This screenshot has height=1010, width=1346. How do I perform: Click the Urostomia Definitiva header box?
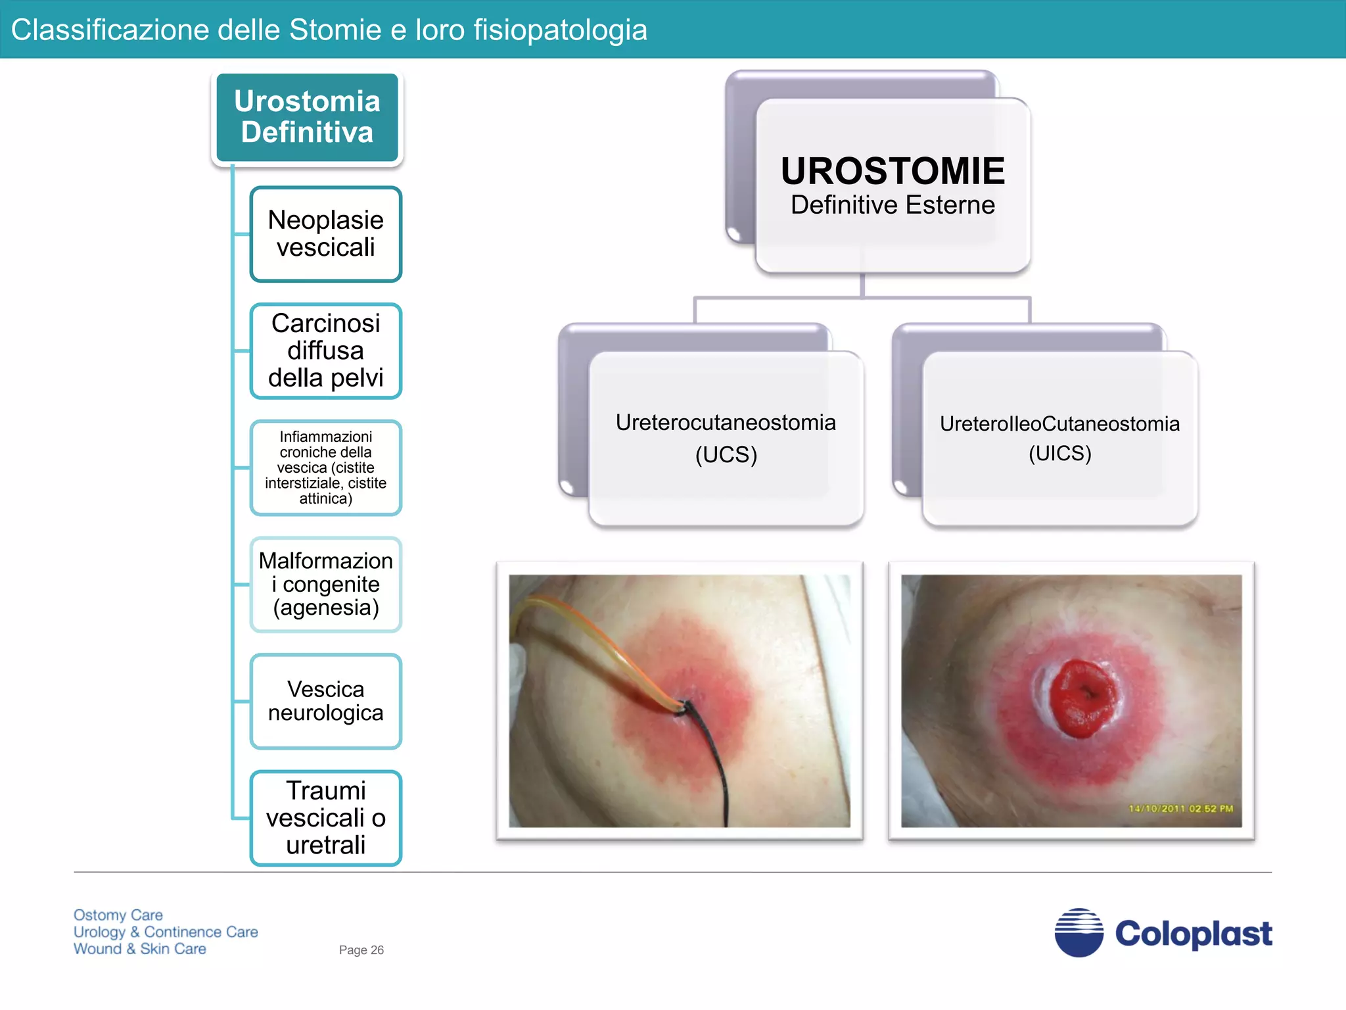pos(307,117)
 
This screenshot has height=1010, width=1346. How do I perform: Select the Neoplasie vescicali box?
pos(325,234)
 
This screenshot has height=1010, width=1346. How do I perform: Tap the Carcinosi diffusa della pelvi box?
pos(325,350)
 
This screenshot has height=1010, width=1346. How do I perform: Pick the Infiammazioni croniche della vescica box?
pos(325,468)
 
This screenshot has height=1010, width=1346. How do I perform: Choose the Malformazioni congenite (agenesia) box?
pos(325,584)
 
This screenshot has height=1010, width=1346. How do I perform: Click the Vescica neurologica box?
pos(325,701)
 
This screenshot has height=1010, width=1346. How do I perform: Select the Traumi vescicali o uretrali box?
pos(325,817)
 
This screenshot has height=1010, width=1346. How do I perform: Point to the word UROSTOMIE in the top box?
pos(893,171)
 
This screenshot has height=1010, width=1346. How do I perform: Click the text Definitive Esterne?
pos(893,205)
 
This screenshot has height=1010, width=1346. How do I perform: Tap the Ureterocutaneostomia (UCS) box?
pos(726,438)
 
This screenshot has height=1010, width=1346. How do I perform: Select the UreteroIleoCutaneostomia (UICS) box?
pos(1059,438)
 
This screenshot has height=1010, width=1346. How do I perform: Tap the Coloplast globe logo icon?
pos(1079,932)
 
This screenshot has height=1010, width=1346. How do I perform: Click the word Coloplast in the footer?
pos(1194,934)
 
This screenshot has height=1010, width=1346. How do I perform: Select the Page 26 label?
pos(361,950)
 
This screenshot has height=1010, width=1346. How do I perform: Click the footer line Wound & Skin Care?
pos(140,949)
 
